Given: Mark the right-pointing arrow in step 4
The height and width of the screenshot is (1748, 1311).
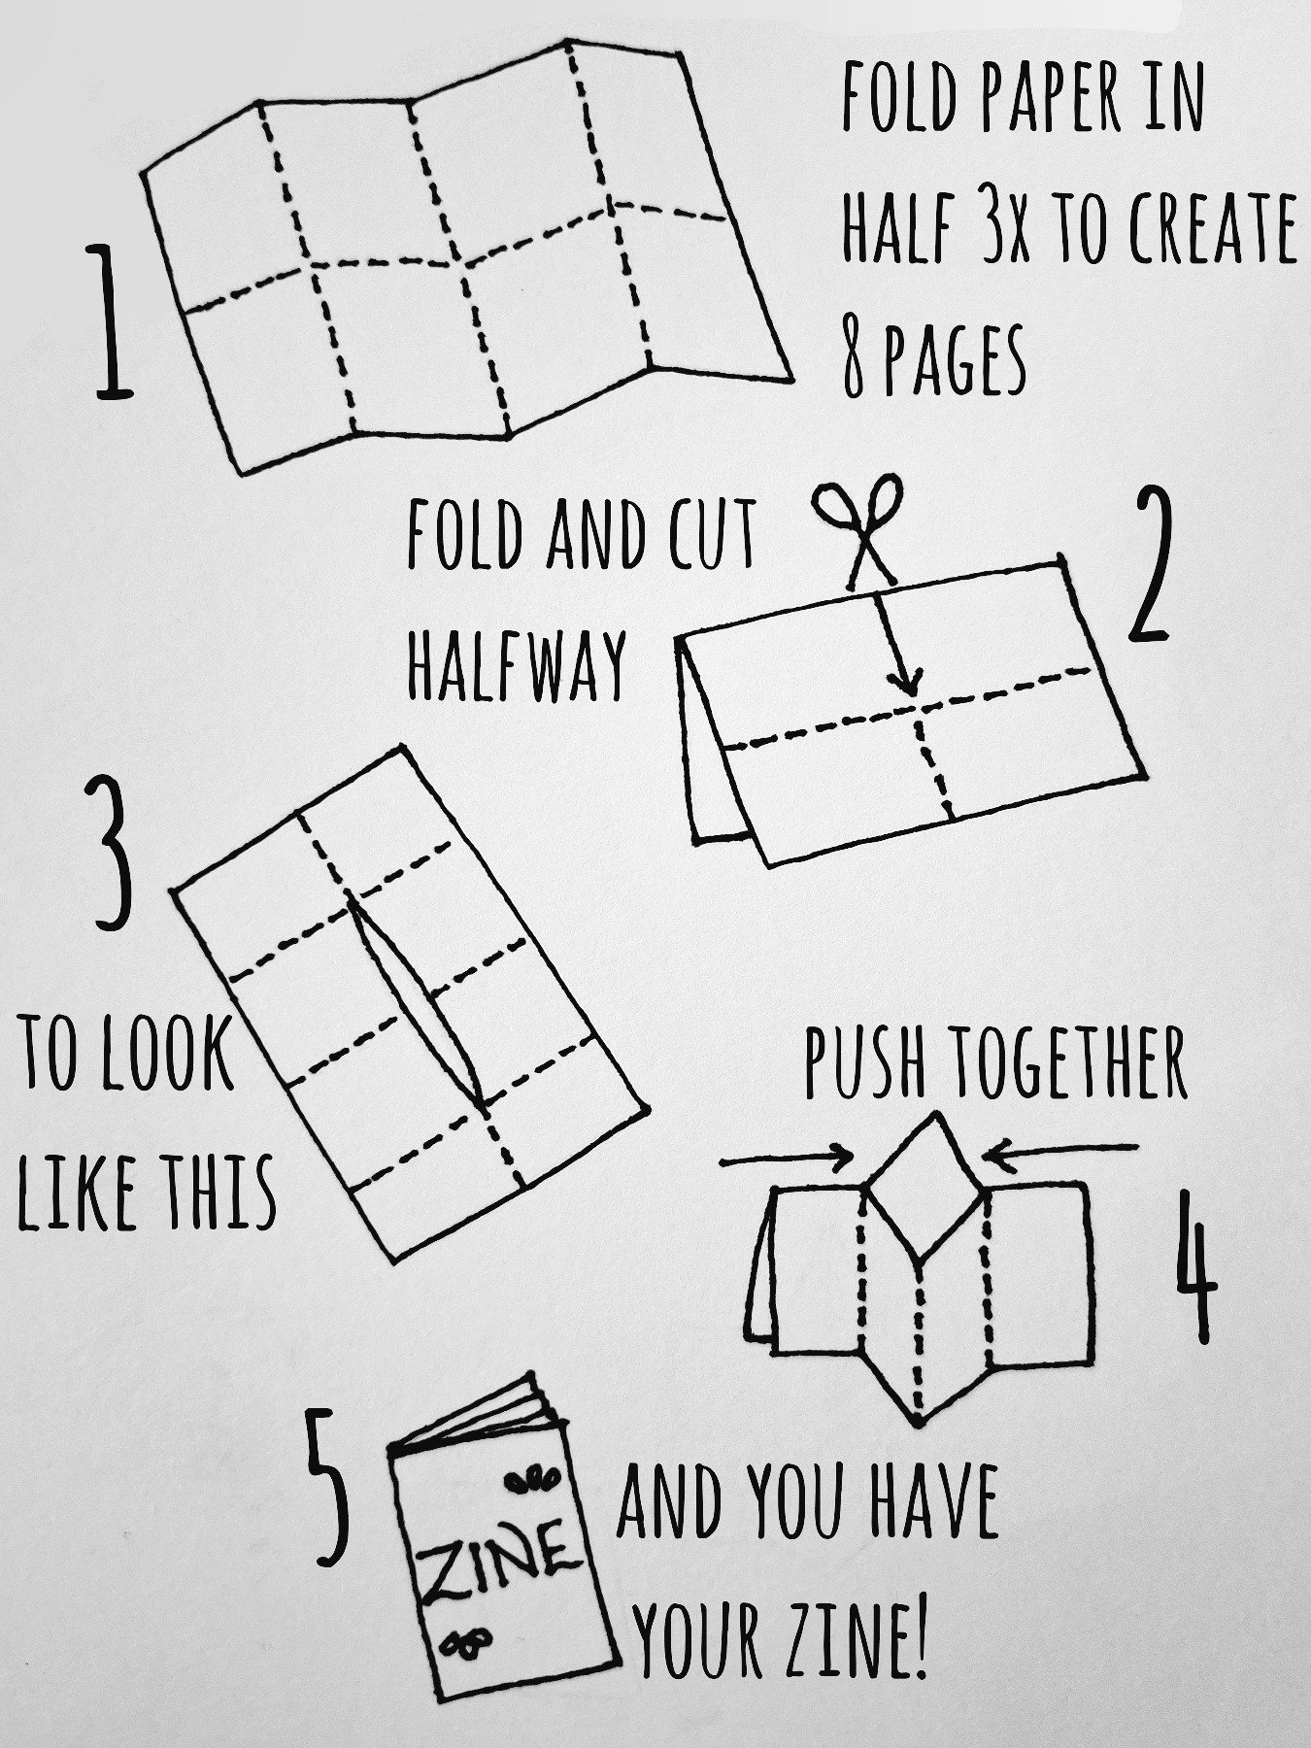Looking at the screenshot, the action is pyautogui.click(x=787, y=1159).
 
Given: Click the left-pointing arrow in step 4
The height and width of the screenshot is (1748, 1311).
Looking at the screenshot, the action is pyautogui.click(x=1059, y=1149).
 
